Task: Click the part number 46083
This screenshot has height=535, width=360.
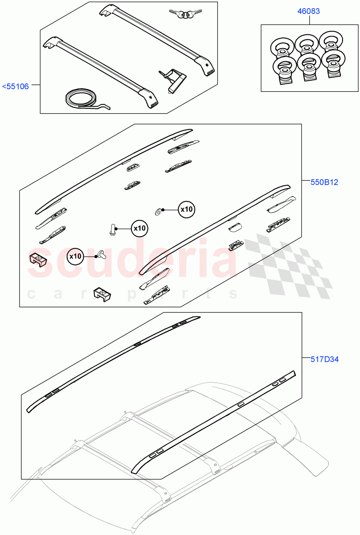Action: (308, 11)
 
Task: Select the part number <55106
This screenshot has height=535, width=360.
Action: (16, 86)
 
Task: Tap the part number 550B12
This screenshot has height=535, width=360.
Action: (325, 182)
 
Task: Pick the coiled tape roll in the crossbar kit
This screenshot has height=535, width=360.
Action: (81, 99)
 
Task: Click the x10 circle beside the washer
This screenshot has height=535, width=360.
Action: (187, 209)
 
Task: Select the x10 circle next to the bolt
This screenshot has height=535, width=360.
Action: (139, 228)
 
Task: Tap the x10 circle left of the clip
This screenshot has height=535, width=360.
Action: (76, 256)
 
